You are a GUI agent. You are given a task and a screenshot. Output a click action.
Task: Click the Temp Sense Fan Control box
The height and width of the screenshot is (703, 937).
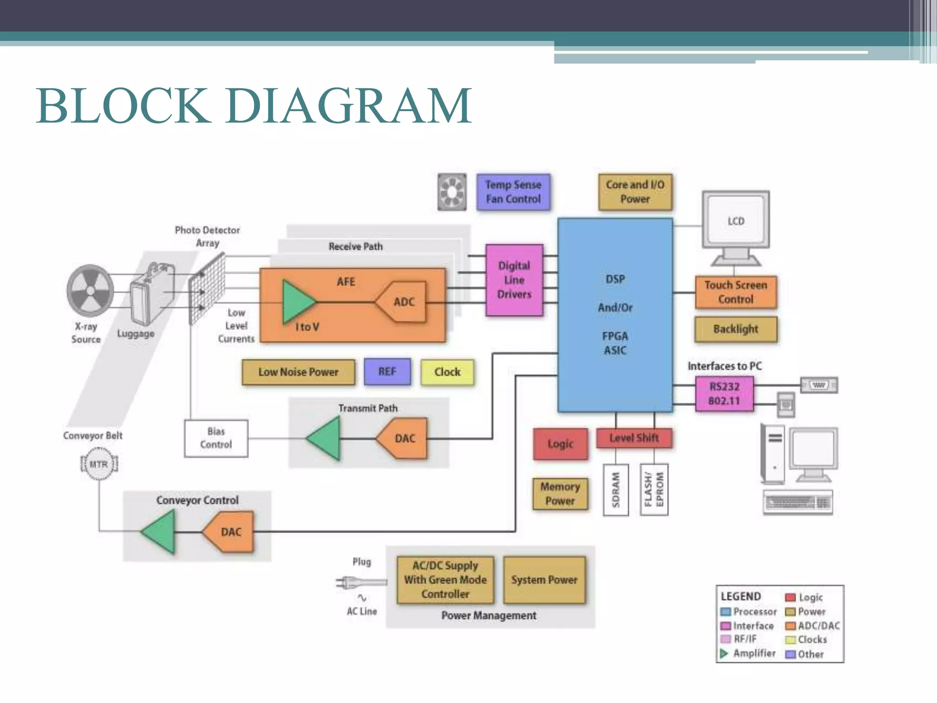513,192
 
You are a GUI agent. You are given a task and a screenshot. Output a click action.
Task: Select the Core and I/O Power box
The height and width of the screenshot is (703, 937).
635,192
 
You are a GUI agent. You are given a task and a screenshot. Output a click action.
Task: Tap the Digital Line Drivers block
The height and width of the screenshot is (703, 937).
514,280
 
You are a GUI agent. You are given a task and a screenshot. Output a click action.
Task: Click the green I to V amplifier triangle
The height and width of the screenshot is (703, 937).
296,302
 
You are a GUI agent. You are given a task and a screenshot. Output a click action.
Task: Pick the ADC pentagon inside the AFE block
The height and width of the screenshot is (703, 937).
402,302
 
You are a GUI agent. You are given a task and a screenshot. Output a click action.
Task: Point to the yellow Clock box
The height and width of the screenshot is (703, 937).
447,372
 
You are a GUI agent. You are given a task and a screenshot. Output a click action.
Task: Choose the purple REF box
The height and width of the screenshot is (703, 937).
387,372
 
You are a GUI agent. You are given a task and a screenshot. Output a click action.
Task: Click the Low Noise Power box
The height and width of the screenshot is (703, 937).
298,372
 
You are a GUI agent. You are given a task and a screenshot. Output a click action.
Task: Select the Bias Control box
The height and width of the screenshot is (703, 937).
216,438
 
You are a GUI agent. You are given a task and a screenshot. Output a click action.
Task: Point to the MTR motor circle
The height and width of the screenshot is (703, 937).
99,464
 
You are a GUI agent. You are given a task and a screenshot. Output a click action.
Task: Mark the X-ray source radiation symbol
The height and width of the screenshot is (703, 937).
90,291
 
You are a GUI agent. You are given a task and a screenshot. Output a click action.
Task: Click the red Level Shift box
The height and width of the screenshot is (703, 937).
634,438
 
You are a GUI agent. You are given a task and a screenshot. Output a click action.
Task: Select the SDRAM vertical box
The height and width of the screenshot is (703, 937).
615,490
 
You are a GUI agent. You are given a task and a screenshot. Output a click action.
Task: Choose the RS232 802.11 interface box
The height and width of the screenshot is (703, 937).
724,394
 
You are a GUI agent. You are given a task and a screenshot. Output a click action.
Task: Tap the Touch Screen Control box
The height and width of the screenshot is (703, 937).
735,292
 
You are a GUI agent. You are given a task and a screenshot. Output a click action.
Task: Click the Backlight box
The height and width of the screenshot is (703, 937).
735,329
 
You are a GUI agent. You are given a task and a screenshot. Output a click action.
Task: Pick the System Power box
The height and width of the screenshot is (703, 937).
544,580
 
